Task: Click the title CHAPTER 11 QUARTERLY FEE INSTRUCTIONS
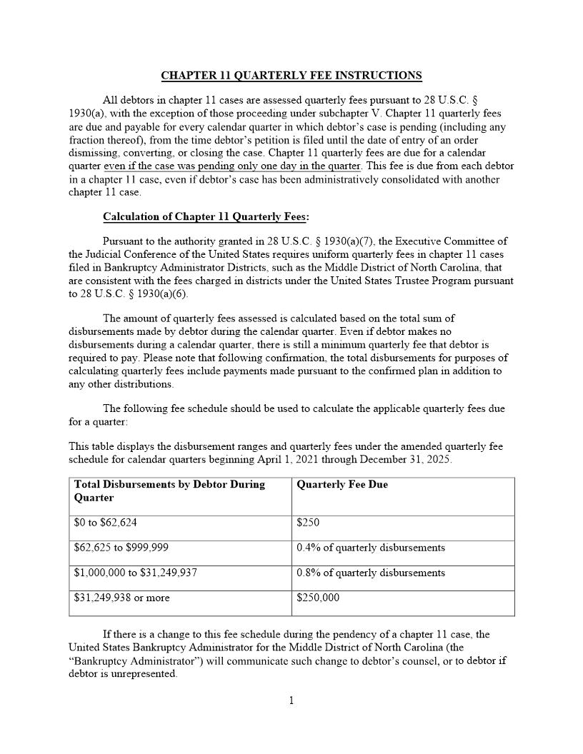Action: click(x=291, y=76)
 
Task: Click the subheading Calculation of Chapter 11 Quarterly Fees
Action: click(x=206, y=217)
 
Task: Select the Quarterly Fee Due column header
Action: click(x=342, y=485)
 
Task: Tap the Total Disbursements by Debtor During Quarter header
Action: click(x=169, y=491)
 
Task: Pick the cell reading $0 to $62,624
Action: click(x=105, y=523)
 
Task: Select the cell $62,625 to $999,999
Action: click(x=121, y=548)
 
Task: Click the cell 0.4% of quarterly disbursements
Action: click(x=370, y=548)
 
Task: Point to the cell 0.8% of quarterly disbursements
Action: click(x=370, y=573)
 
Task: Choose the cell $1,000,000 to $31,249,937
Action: click(x=136, y=573)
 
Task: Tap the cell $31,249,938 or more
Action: click(x=121, y=598)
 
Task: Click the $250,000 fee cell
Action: click(x=318, y=598)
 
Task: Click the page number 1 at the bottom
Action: click(x=291, y=700)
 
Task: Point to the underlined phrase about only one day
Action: click(x=232, y=166)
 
